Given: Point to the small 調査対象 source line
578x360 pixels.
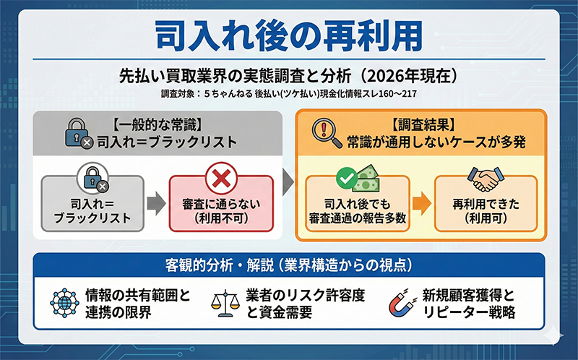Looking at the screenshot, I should [289, 94].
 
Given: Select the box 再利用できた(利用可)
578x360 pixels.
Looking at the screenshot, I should [486, 210].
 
